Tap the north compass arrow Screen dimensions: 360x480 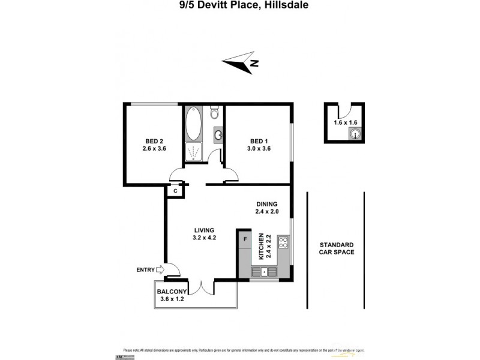[x=240, y=62]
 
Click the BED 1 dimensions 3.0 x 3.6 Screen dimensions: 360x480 [x=260, y=149]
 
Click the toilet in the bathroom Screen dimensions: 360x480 [x=214, y=113]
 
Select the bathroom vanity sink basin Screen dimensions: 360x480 [x=218, y=134]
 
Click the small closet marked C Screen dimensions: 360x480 [x=175, y=191]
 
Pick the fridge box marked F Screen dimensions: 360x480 [x=244, y=239]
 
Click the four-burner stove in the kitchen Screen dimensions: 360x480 [x=283, y=243]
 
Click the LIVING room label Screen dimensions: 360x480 [x=204, y=230]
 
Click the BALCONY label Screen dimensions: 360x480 [x=170, y=292]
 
